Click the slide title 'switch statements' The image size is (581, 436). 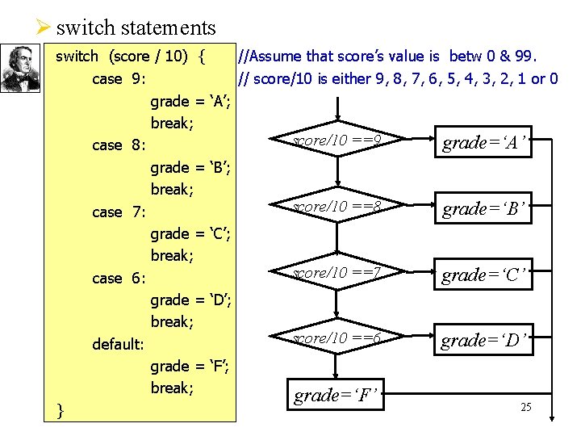[136, 27]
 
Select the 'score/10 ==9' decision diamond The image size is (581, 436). [336, 140]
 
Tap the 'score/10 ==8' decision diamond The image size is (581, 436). [336, 207]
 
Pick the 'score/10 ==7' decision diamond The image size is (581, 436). [336, 273]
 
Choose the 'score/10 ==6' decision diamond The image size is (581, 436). [336, 338]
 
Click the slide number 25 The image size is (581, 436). [525, 407]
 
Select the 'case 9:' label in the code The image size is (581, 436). [119, 79]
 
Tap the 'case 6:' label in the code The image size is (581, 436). [119, 279]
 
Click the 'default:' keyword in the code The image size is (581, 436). [119, 345]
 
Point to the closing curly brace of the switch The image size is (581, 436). [61, 410]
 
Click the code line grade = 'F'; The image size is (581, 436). [192, 367]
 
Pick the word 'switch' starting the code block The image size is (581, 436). [77, 57]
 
